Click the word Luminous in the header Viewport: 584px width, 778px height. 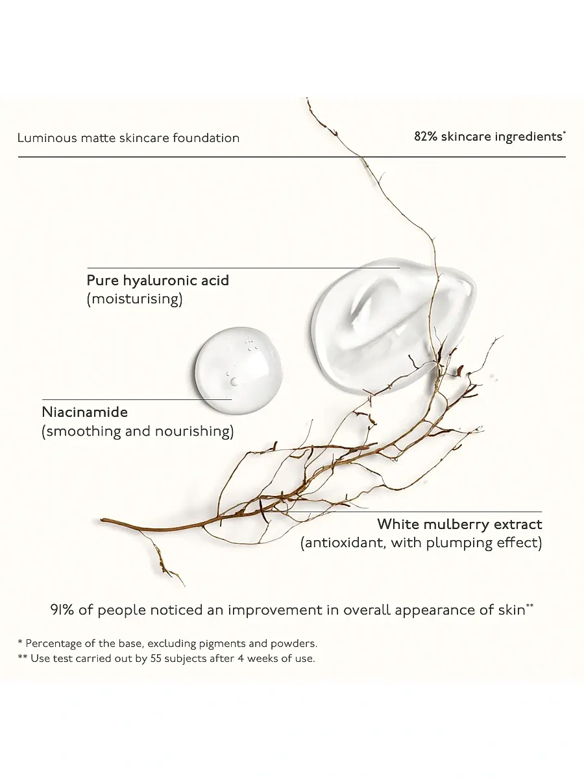(x=47, y=137)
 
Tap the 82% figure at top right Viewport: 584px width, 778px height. (x=426, y=136)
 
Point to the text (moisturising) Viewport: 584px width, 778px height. (x=135, y=299)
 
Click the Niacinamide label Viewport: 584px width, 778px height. (x=85, y=412)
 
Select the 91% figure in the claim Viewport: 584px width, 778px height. (x=62, y=610)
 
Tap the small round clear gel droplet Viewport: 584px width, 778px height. (x=238, y=370)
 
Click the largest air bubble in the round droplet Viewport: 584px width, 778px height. (x=234, y=381)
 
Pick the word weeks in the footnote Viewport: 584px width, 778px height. (x=262, y=659)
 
